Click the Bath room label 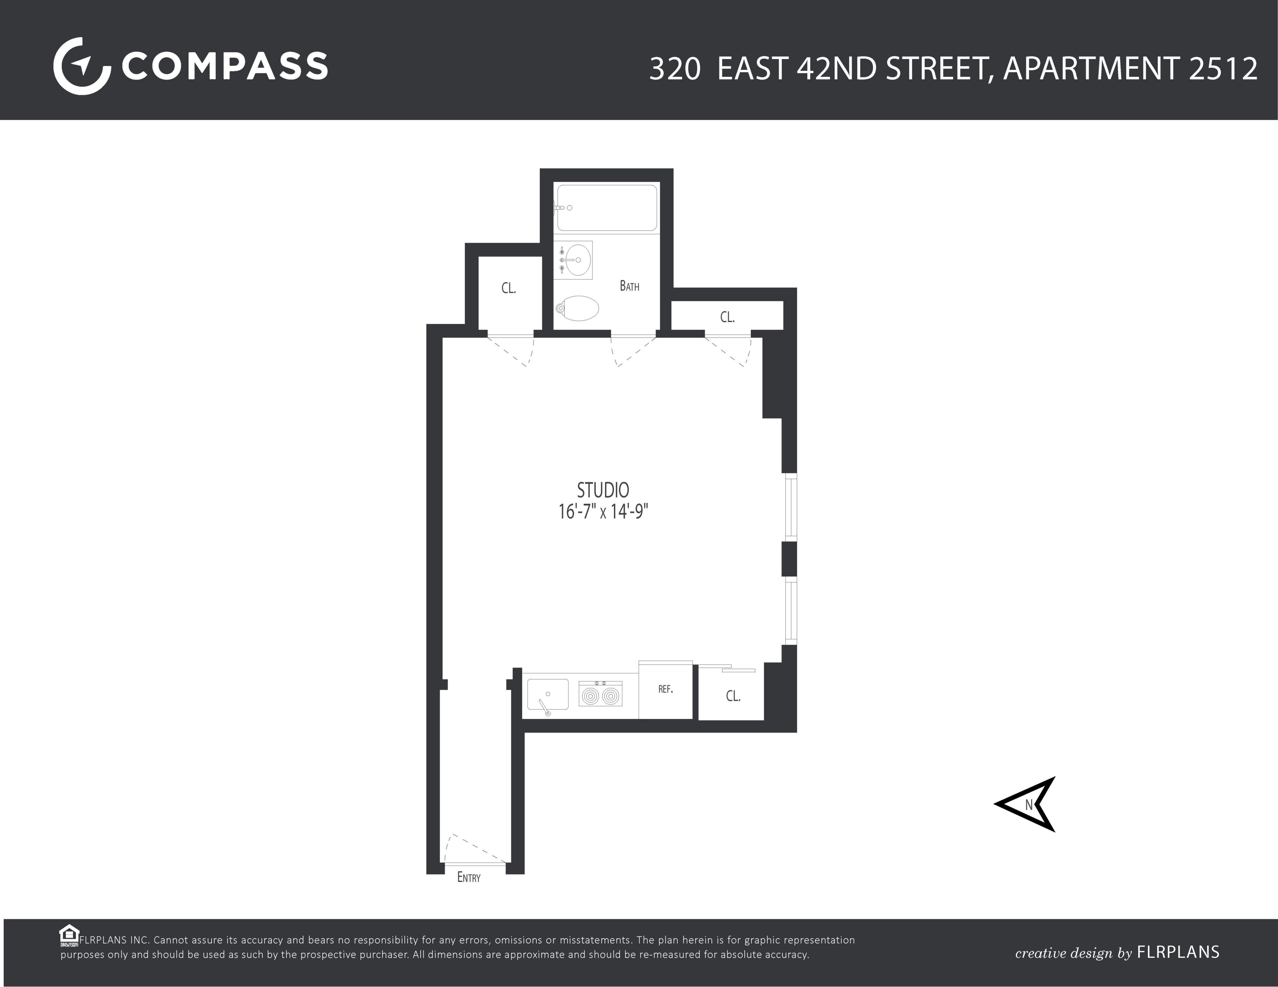629,286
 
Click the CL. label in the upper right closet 727,317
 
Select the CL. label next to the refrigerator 733,696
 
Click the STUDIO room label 603,490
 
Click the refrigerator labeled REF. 665,690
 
